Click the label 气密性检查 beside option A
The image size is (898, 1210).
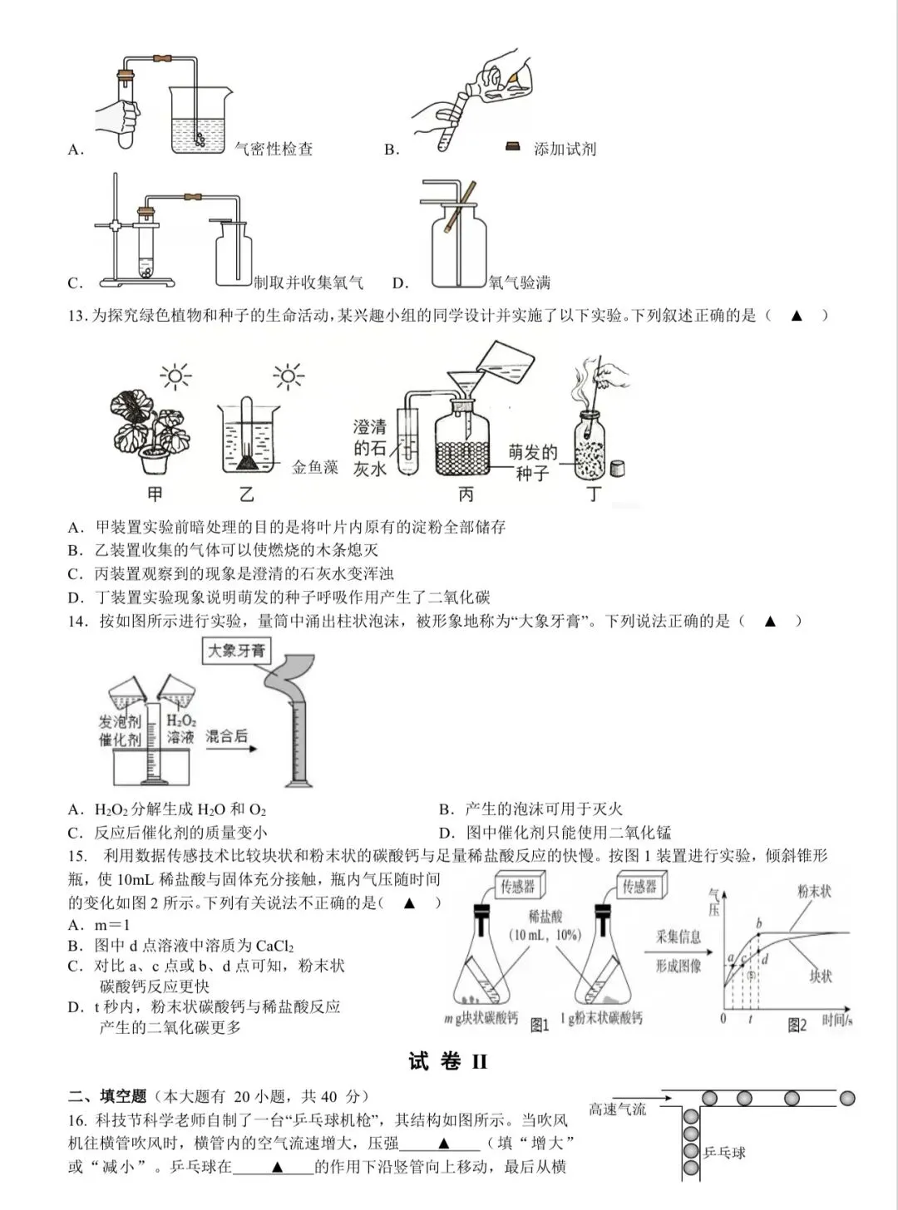[274, 149]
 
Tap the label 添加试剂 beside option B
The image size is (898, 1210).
[565, 149]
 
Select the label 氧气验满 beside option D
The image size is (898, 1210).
[520, 283]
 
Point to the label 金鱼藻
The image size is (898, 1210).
[315, 467]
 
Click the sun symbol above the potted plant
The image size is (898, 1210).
[175, 376]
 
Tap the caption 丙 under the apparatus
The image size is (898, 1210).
[466, 494]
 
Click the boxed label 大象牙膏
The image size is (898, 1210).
[236, 650]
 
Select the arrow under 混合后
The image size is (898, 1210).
[231, 749]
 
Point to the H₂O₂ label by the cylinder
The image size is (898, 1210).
[181, 721]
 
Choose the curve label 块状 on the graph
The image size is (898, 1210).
[821, 976]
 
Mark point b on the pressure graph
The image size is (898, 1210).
[759, 934]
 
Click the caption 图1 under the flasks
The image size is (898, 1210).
[540, 1025]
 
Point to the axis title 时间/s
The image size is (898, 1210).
[837, 1021]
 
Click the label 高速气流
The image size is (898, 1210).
[618, 1109]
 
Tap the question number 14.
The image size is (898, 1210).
[77, 621]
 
